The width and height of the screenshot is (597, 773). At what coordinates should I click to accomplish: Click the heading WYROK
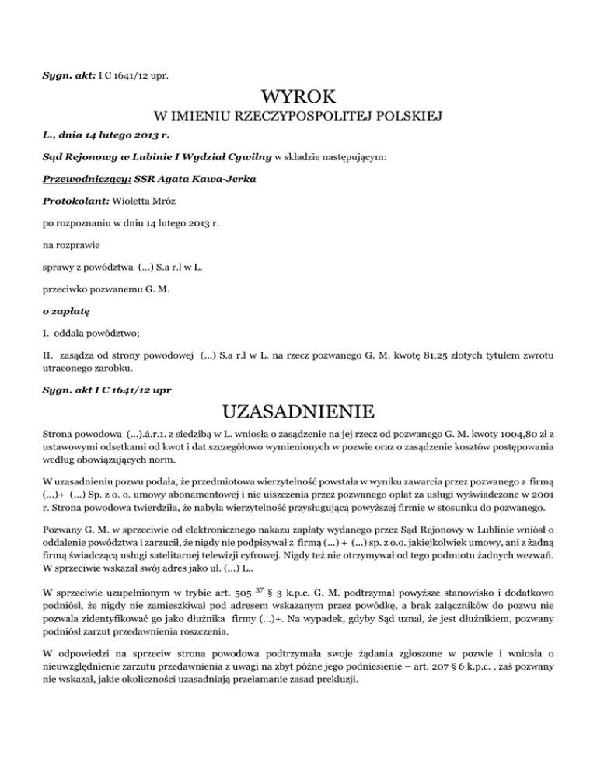click(298, 98)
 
